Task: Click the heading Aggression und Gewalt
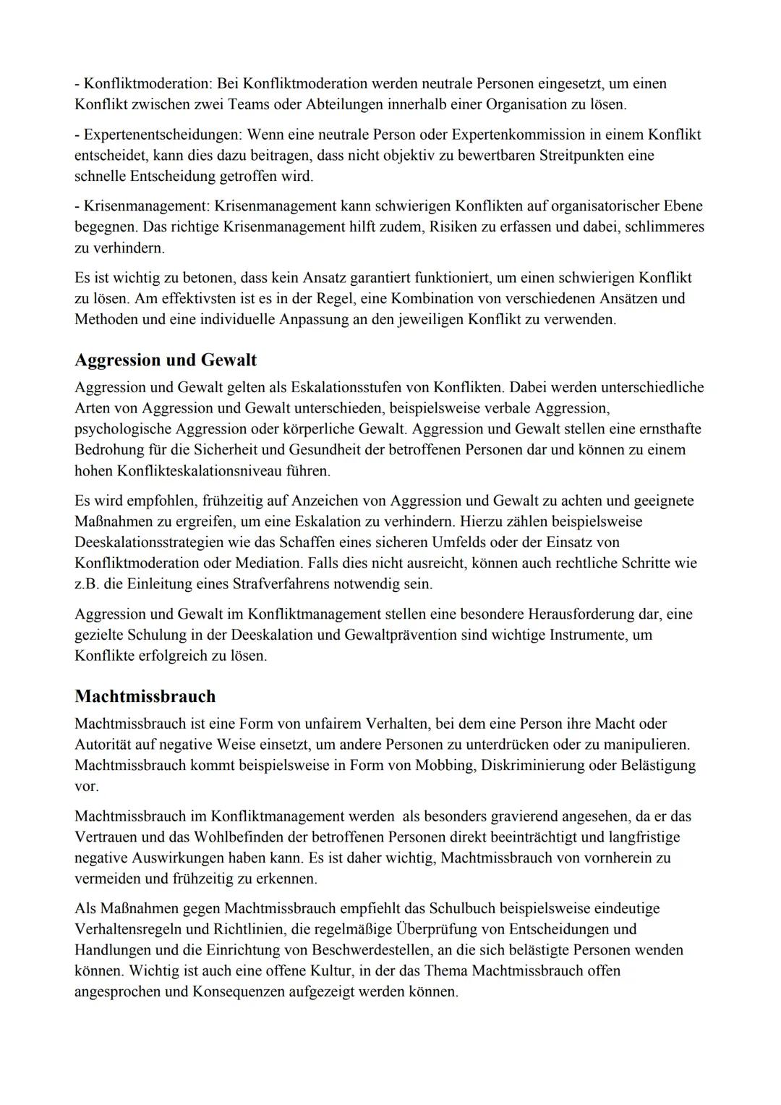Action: tap(166, 360)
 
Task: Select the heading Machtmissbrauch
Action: tap(145, 697)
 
